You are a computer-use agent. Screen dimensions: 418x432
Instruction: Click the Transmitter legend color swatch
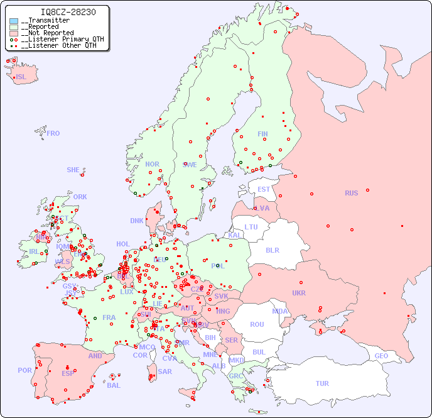coord(14,21)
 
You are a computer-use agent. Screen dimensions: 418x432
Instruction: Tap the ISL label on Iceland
coord(21,77)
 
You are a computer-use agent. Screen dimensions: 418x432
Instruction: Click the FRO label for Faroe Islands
coord(53,133)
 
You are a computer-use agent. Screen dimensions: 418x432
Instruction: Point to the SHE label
coord(73,170)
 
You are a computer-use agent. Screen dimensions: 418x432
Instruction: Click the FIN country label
coord(262,134)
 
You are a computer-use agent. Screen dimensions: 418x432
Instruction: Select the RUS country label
coord(351,193)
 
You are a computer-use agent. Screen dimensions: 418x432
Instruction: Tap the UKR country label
coord(298,293)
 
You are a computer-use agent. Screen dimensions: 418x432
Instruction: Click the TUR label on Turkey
coord(322,383)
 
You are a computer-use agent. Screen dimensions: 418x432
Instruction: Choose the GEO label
coord(381,356)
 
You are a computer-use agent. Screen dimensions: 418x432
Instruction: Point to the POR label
coord(24,370)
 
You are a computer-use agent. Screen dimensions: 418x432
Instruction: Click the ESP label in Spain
coord(68,373)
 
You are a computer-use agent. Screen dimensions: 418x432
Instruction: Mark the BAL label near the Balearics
coord(113,385)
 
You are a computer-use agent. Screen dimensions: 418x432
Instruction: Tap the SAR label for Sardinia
coord(165,371)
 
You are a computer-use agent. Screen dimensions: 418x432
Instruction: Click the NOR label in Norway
coord(152,164)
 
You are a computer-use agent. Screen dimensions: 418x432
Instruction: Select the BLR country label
coord(273,250)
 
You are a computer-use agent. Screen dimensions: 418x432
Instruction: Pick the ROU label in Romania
coord(257,324)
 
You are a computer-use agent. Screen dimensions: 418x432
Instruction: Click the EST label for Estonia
coord(264,189)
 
